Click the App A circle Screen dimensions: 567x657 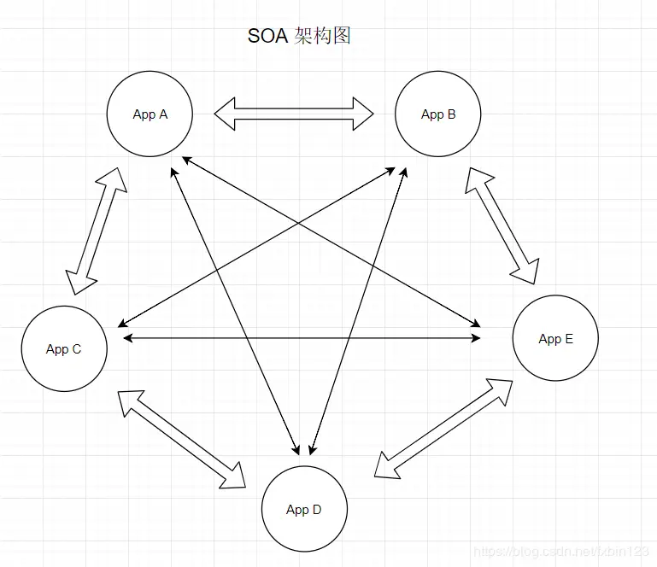pyautogui.click(x=150, y=114)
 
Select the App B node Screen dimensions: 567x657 pyautogui.click(x=437, y=114)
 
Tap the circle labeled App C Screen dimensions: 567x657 pyautogui.click(x=64, y=348)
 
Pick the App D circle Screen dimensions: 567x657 pyautogui.click(x=303, y=509)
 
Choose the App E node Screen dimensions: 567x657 pyautogui.click(x=555, y=338)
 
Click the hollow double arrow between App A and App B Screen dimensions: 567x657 pyautogui.click(x=294, y=113)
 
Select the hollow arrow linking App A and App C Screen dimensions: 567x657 pyautogui.click(x=96, y=231)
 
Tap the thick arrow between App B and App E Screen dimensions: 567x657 pyautogui.click(x=502, y=225)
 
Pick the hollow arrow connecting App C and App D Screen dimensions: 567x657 pyautogui.click(x=182, y=440)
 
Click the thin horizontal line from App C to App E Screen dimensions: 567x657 pyautogui.click(x=299, y=338)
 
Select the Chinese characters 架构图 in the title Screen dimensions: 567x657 pyautogui.click(x=322, y=36)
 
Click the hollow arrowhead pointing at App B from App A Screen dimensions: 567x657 pyautogui.click(x=363, y=113)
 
